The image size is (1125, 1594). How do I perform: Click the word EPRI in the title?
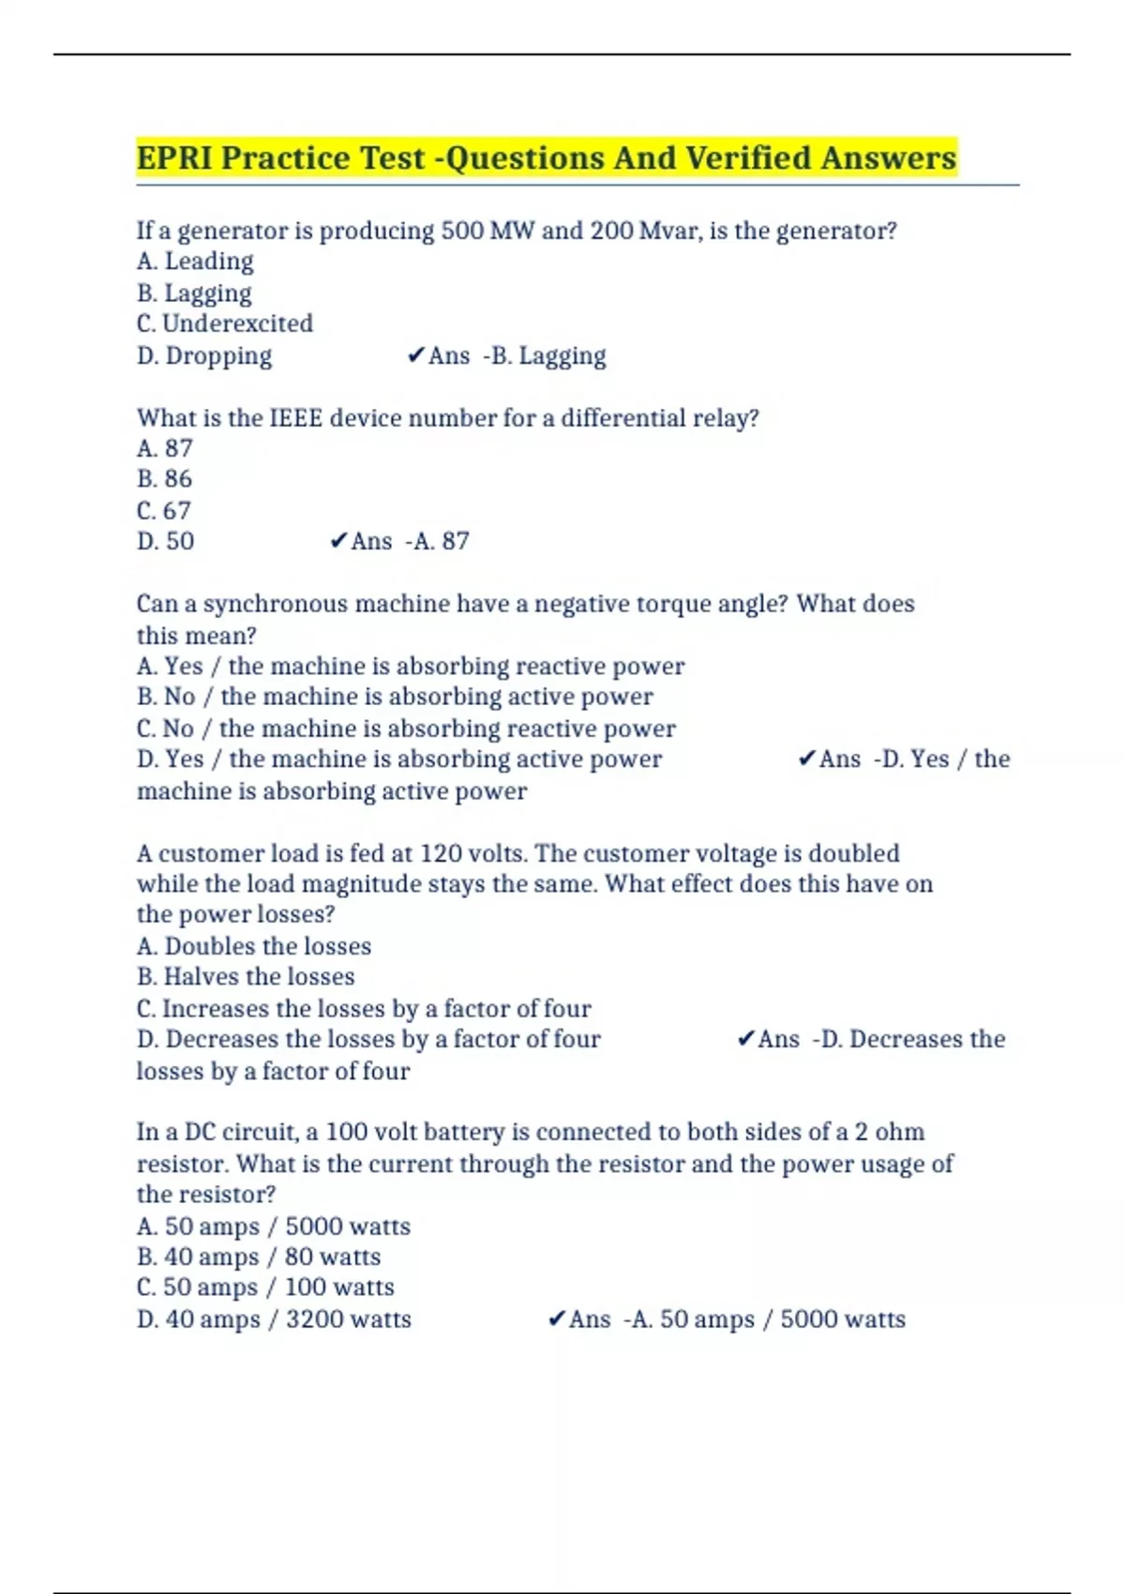[x=174, y=158]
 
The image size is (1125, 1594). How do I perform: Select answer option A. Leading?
[x=195, y=262]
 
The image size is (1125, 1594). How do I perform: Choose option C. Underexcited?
[x=225, y=323]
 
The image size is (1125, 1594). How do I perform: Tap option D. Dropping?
[x=204, y=355]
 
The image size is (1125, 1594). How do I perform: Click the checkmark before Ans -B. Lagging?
[x=416, y=355]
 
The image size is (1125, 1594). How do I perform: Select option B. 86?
[x=165, y=479]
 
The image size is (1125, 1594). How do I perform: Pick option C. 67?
[x=164, y=510]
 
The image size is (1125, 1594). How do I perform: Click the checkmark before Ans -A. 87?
[x=338, y=541]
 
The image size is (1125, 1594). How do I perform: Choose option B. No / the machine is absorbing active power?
[x=395, y=697]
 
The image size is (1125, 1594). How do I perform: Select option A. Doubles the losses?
[x=254, y=946]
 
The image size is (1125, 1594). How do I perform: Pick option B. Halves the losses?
[x=246, y=977]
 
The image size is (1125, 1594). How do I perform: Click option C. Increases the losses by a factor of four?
[x=364, y=1009]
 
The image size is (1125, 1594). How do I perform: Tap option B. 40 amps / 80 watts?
[x=259, y=1256]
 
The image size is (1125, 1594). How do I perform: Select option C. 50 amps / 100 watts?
[x=265, y=1287]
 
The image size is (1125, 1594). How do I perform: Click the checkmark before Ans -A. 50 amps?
[x=556, y=1319]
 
